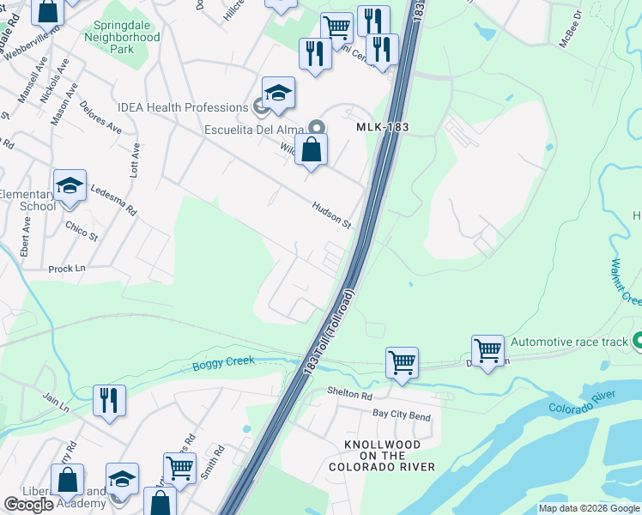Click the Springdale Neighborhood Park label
[x=123, y=38]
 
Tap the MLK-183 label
[x=383, y=127]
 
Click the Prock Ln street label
[x=67, y=269]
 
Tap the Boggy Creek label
[x=223, y=362]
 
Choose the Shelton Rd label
[x=349, y=396]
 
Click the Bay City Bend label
[x=402, y=415]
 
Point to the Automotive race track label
[x=570, y=342]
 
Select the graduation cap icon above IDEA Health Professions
[x=278, y=93]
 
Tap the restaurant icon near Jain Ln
[x=110, y=400]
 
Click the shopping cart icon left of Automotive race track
[x=488, y=350]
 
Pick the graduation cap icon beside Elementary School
[x=69, y=185]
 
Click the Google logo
[x=28, y=505]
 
